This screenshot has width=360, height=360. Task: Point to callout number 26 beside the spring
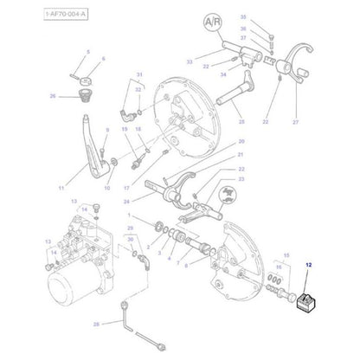tap(53, 96)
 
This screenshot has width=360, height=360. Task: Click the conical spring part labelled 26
tap(84, 94)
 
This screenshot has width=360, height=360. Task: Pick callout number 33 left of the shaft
tap(189, 61)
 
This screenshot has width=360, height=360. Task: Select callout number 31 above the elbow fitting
tap(137, 77)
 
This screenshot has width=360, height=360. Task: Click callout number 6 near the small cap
tap(104, 59)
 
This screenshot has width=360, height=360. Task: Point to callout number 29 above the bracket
tap(131, 227)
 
